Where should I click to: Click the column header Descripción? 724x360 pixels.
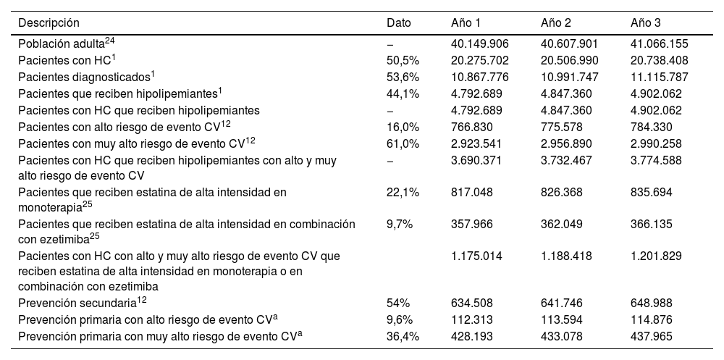[49, 23]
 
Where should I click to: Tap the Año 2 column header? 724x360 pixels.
[556, 23]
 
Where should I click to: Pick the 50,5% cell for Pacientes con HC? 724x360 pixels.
[403, 61]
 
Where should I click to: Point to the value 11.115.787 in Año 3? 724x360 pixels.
[660, 77]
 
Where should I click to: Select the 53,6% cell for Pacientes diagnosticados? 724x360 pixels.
[403, 77]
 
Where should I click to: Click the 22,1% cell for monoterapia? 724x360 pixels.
[403, 192]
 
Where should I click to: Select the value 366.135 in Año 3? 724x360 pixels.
[654, 225]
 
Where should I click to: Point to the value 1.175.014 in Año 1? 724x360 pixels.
[476, 256]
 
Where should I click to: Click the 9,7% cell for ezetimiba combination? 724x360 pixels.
[400, 225]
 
